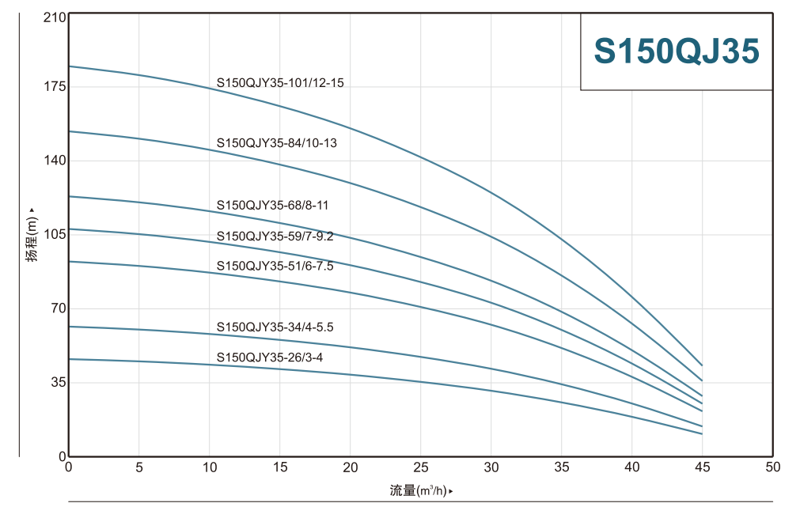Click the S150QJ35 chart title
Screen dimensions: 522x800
pos(677,51)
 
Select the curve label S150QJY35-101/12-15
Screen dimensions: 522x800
pos(280,82)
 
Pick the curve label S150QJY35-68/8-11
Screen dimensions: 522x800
pos(272,206)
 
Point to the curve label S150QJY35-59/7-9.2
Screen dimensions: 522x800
pos(275,236)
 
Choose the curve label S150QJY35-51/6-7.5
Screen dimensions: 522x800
pos(275,267)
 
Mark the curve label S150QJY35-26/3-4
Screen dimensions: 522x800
pos(270,357)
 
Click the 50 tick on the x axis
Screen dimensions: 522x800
pos(772,467)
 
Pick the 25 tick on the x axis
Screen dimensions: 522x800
pos(421,467)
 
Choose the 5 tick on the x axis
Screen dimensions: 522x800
pos(139,467)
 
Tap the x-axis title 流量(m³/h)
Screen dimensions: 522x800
pos(421,491)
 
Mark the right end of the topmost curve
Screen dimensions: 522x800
pos(702,365)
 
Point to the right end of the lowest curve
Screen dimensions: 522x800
pos(702,433)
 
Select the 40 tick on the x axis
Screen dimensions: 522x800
pos(631,467)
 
